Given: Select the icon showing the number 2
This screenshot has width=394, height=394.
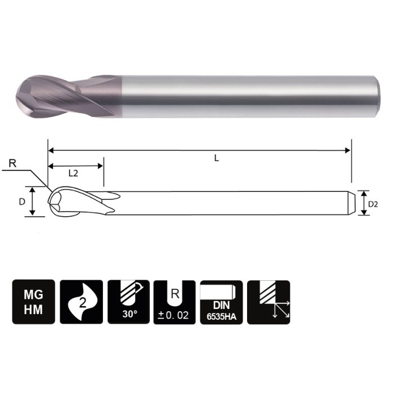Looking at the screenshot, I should [x=81, y=302].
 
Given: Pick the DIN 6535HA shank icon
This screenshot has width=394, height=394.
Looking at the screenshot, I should [x=221, y=302].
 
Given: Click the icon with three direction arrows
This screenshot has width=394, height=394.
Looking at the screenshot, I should [x=268, y=302].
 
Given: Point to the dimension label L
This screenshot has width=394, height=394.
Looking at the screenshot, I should [x=216, y=159].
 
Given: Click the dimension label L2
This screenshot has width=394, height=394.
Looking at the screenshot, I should [x=74, y=173].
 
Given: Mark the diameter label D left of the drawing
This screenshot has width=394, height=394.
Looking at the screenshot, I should [x=23, y=201].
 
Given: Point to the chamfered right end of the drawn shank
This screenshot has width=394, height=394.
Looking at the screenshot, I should [x=352, y=202].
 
